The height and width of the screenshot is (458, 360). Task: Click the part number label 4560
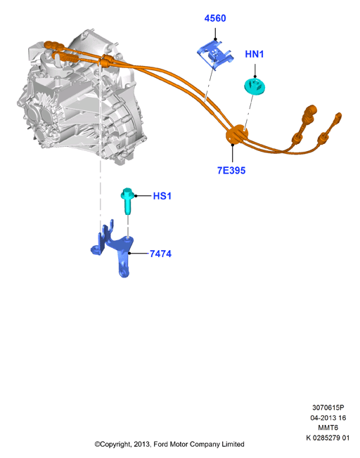[x=215, y=18]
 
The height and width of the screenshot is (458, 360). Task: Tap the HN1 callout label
[x=254, y=54]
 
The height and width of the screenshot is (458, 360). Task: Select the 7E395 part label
[x=231, y=170]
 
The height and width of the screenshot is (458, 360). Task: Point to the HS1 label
[x=162, y=196]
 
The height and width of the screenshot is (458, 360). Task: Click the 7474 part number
[x=160, y=254]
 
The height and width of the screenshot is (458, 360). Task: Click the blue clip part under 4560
[x=215, y=55]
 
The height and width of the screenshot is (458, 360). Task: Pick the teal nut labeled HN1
[x=255, y=86]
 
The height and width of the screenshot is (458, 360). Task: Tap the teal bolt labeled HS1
[x=127, y=200]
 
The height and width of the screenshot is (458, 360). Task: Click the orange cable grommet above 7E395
[x=237, y=135]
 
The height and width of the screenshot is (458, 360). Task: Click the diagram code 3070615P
[x=328, y=407]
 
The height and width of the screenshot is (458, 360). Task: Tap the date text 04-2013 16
[x=328, y=418]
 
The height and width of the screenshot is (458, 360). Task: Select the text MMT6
[x=328, y=428]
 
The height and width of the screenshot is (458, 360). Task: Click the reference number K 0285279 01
[x=328, y=438]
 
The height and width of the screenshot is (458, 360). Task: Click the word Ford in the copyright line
[x=160, y=444]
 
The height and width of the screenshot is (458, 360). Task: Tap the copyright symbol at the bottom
[x=97, y=445]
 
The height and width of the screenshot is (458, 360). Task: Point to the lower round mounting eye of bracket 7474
[x=124, y=273]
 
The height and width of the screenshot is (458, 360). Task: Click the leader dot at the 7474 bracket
[x=129, y=254]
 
